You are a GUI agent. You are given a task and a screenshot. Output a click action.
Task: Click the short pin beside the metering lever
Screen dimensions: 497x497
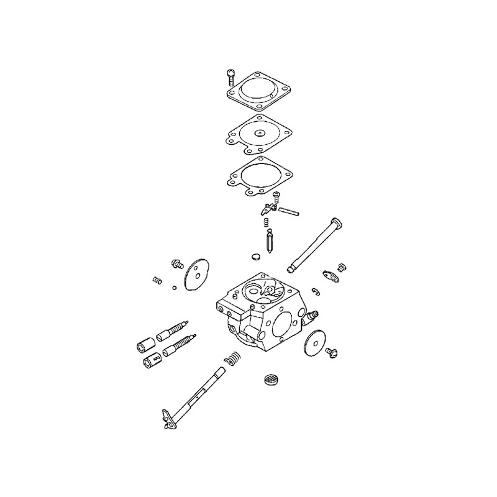(289, 212)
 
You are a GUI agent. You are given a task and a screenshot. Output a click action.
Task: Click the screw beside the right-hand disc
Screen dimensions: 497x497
(332, 353)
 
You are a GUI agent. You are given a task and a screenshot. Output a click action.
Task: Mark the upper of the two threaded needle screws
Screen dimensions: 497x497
(174, 329)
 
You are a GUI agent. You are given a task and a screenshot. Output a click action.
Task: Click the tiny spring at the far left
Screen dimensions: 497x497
(157, 281)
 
